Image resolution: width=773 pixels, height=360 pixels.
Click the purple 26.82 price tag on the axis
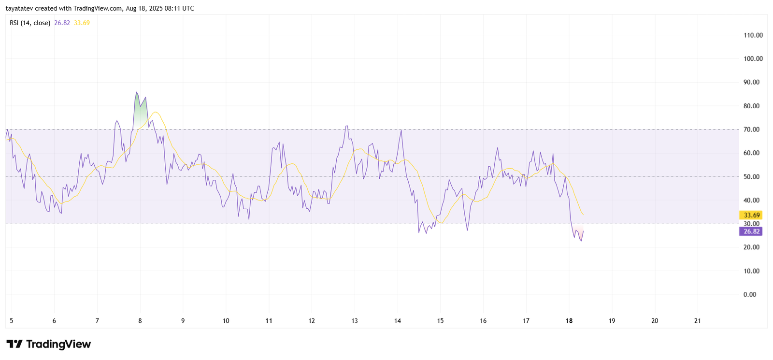click(x=751, y=231)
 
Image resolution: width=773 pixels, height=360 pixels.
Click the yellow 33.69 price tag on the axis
click(x=751, y=215)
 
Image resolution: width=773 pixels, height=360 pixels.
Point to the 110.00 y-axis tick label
click(x=753, y=35)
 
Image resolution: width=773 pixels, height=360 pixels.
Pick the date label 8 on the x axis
click(x=140, y=321)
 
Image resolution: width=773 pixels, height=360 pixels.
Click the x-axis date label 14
click(x=397, y=321)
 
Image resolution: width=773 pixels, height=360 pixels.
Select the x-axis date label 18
click(x=569, y=321)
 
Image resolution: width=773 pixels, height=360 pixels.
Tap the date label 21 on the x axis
click(x=697, y=321)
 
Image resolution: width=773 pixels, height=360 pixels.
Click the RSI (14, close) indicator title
click(x=30, y=23)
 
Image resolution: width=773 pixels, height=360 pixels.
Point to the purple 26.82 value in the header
click(x=62, y=23)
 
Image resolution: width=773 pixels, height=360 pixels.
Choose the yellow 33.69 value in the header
click(x=82, y=23)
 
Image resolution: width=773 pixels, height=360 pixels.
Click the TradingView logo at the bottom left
click(x=48, y=344)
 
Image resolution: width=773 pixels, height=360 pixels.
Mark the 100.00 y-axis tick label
click(x=753, y=59)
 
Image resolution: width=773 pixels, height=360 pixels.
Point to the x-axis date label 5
click(x=11, y=321)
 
